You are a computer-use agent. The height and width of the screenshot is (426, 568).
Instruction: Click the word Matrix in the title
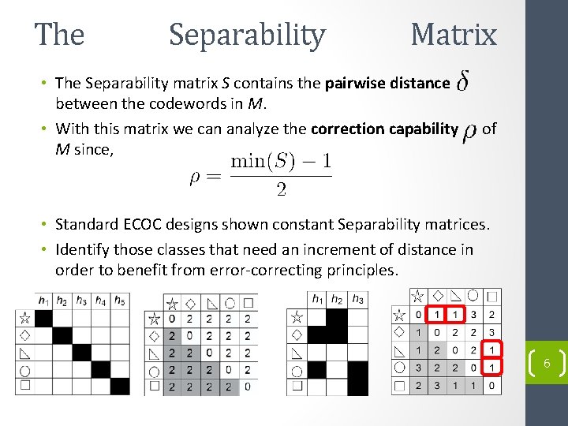click(454, 35)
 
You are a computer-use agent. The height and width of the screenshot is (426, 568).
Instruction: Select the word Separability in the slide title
click(247, 35)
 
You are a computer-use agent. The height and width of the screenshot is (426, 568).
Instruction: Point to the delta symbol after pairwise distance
click(465, 83)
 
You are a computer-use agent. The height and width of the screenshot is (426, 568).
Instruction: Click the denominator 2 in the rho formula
click(280, 189)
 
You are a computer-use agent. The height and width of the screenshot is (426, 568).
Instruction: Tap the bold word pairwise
click(357, 83)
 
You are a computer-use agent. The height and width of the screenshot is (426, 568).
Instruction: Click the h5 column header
click(119, 300)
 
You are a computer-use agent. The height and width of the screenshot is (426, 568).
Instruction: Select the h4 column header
click(100, 300)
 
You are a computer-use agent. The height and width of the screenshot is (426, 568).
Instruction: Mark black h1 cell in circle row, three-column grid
click(317, 369)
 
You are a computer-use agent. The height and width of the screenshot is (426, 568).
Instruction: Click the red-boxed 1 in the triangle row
click(491, 349)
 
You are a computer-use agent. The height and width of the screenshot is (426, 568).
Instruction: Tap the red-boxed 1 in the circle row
click(491, 367)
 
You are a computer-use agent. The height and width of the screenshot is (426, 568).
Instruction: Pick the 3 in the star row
click(473, 315)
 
